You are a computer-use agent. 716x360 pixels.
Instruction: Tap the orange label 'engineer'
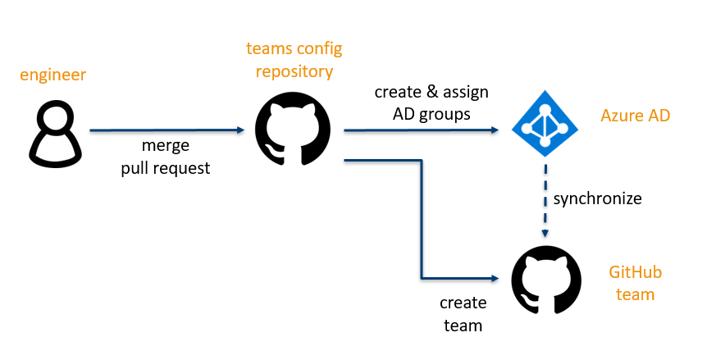53,75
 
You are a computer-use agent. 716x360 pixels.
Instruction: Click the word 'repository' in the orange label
294,71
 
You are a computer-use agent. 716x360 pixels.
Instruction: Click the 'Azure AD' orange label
635,116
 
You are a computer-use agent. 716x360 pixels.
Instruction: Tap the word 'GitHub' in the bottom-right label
635,272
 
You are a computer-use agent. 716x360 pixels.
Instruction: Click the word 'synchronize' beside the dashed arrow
597,198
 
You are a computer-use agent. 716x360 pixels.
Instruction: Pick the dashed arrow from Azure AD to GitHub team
545,197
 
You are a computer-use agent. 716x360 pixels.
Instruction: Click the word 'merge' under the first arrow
166,146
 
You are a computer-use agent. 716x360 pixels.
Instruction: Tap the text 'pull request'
166,168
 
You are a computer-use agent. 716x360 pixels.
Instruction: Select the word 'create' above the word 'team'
463,303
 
